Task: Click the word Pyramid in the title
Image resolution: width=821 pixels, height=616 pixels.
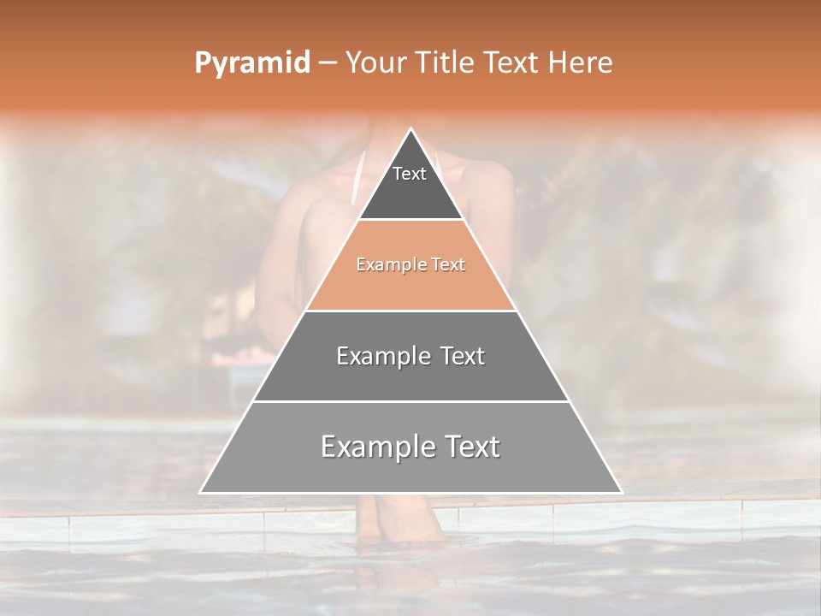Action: pyautogui.click(x=251, y=63)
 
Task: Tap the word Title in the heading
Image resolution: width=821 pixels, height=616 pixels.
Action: pyautogui.click(x=448, y=63)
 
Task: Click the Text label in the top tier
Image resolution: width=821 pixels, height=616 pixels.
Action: pyautogui.click(x=410, y=174)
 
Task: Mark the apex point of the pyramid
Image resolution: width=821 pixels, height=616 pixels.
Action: pyautogui.click(x=411, y=129)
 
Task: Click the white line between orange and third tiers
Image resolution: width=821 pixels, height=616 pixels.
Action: pyautogui.click(x=411, y=311)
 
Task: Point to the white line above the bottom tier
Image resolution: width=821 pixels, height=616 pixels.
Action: pyautogui.click(x=411, y=401)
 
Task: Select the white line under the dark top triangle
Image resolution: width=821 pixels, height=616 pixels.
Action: pyautogui.click(x=411, y=219)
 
